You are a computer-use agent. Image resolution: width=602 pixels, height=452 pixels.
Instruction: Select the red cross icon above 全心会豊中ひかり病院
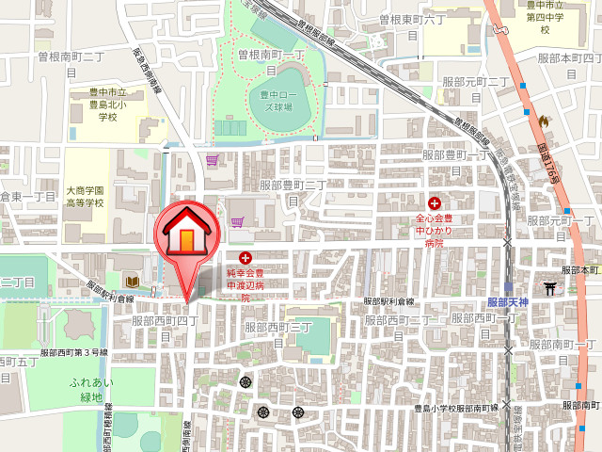(x=436, y=202)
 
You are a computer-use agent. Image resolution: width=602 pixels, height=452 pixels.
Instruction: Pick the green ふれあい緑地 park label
(x=91, y=390)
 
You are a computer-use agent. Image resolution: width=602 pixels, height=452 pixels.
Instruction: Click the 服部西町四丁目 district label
(x=165, y=328)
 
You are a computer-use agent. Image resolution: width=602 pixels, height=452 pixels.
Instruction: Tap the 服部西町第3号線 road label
(x=75, y=351)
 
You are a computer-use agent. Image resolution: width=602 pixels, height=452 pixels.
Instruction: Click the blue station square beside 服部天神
(x=508, y=287)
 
